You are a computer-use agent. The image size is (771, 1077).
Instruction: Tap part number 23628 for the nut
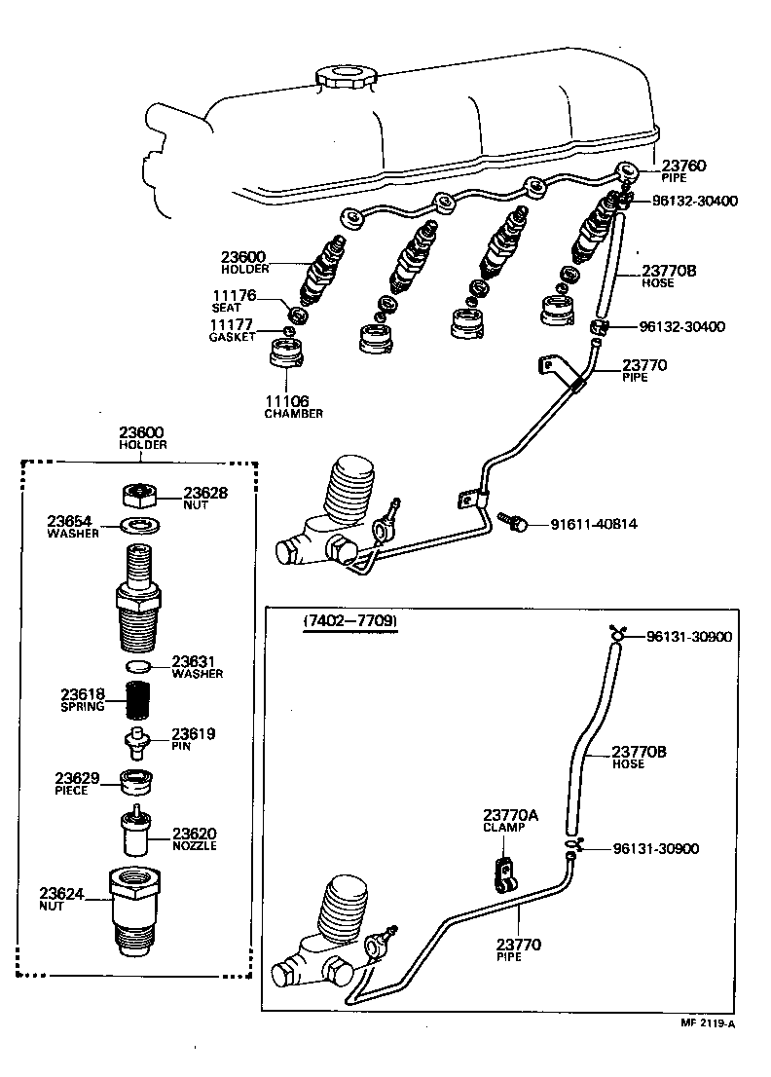[x=205, y=493]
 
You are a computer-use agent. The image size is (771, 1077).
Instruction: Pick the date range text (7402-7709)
[x=349, y=620]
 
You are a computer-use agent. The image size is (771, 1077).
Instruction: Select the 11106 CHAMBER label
[x=294, y=406]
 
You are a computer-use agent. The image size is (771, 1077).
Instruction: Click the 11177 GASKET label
[x=233, y=330]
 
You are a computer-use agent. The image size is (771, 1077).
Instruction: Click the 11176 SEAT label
[x=234, y=300]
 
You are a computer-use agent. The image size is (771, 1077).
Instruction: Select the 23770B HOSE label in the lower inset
[x=640, y=757]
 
